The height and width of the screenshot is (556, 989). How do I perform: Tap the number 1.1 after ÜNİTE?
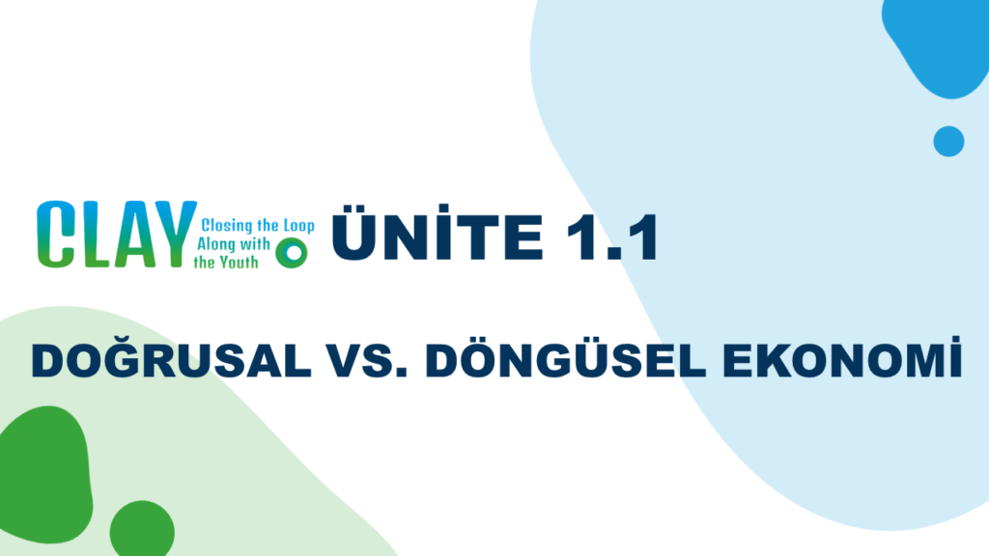click(611, 237)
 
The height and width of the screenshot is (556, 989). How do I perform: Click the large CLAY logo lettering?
click(117, 235)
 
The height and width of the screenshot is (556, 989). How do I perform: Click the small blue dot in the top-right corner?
click(948, 141)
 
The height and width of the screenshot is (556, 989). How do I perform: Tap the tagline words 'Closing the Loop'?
click(258, 226)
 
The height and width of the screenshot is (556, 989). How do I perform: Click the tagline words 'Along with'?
click(234, 244)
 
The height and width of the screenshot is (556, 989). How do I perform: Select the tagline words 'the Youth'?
click(226, 262)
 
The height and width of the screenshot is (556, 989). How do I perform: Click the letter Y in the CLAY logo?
click(173, 234)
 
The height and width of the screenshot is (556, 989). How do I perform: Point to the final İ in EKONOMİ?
click(956, 357)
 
